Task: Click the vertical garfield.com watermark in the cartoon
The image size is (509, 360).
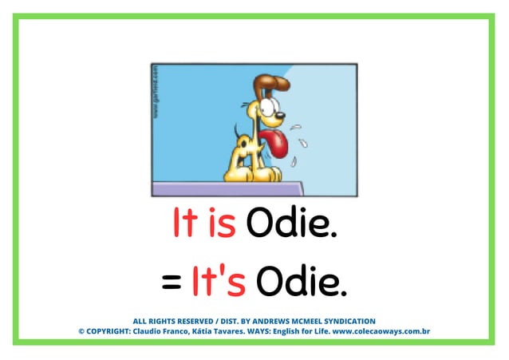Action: (156, 91)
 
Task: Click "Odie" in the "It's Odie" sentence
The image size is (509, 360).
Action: (303, 281)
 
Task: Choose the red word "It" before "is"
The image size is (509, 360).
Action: (183, 224)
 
